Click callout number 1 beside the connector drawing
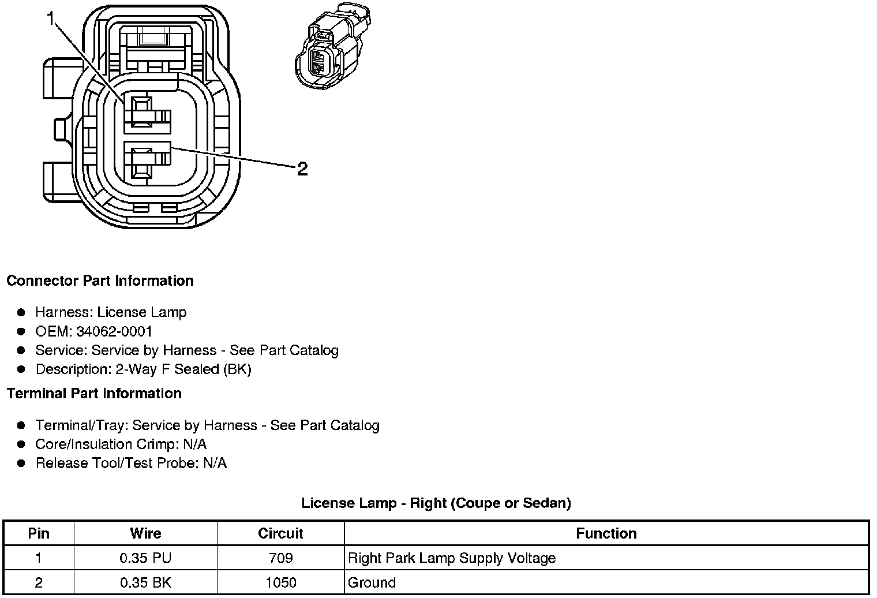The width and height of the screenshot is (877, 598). pos(51,19)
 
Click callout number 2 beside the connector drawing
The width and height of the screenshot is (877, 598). pos(302,169)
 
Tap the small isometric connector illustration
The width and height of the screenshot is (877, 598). pos(332,46)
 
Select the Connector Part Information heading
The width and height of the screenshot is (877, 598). pos(100,281)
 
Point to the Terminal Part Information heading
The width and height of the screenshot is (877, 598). pos(94,394)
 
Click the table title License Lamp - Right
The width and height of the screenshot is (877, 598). pos(436,503)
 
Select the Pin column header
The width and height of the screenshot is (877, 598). pos(39,533)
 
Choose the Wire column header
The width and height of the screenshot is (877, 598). pos(145,533)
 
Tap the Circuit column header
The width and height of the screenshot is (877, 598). pos(280,533)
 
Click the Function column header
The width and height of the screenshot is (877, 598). pos(606,533)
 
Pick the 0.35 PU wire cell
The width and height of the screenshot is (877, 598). pos(145,558)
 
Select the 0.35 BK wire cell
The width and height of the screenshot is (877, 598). pos(145,582)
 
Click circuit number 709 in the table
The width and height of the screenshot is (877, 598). pos(280,558)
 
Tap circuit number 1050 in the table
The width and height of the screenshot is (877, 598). pos(280,582)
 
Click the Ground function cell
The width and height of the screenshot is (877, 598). pos(372,582)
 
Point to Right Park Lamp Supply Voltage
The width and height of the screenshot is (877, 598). pos(452,558)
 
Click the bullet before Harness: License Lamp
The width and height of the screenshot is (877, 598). pos(21,313)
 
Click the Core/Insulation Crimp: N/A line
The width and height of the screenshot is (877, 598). pos(121,444)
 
